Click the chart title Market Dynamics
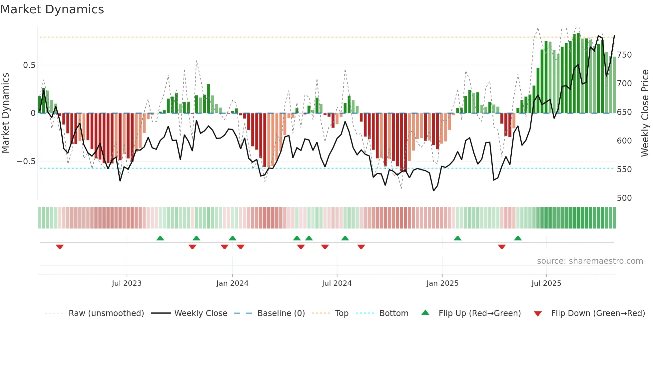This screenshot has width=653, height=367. tap(52, 9)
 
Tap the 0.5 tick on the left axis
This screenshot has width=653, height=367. tap(29, 65)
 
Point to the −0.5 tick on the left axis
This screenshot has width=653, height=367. tap(26, 162)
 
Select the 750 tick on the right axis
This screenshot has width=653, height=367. tap(624, 55)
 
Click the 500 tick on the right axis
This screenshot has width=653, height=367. tap(624, 198)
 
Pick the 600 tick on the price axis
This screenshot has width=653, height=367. tap(624, 141)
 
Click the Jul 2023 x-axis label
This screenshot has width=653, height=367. tap(127, 283)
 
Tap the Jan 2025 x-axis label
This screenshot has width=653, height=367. tap(442, 283)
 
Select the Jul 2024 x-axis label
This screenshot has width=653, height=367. tap(336, 283)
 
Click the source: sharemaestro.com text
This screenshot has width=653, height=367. tap(590, 261)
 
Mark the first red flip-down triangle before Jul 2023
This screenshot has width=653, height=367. tap(60, 247)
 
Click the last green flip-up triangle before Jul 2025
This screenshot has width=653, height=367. tap(518, 238)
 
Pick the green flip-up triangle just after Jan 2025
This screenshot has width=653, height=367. tap(457, 238)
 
